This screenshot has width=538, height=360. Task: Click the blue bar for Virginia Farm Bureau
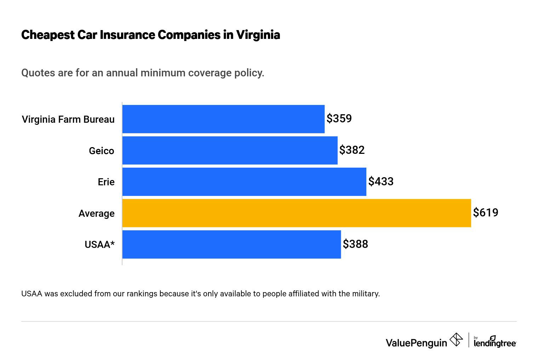click(x=223, y=119)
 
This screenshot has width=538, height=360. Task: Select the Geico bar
click(x=230, y=150)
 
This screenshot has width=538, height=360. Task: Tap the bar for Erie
click(x=244, y=181)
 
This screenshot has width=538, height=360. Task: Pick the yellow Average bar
click(x=297, y=213)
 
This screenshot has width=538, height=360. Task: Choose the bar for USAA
click(x=231, y=244)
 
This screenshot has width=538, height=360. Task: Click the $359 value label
click(x=339, y=118)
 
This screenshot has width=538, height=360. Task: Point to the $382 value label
click(x=352, y=150)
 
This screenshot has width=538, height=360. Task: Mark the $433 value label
click(x=381, y=181)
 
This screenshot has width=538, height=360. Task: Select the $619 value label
click(x=486, y=213)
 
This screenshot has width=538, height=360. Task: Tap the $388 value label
click(x=355, y=244)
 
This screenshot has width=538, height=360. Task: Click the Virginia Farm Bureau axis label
click(x=68, y=120)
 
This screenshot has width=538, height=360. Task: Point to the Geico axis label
click(x=102, y=151)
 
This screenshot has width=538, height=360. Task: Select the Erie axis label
click(x=106, y=182)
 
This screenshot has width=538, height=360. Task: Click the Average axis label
click(x=97, y=214)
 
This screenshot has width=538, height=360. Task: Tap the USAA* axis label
click(x=99, y=245)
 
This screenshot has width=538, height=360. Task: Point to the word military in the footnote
click(x=366, y=294)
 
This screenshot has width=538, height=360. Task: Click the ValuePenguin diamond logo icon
click(x=456, y=340)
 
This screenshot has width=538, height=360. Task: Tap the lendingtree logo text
click(x=494, y=343)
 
